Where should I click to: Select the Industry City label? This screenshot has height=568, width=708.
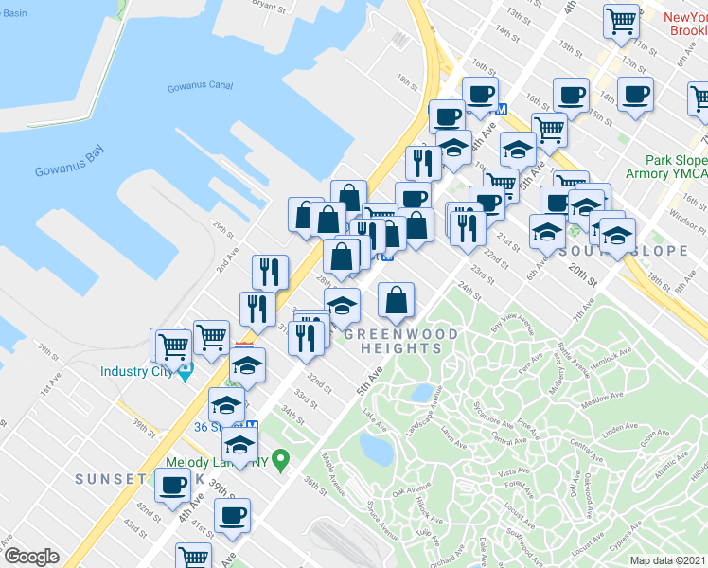[x=138, y=371]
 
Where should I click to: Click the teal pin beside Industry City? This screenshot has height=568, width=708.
[x=186, y=369]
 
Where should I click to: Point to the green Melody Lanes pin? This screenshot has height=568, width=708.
[x=279, y=461]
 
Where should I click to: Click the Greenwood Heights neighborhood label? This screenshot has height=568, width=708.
[x=400, y=342]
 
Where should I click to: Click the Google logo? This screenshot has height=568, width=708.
[x=31, y=557]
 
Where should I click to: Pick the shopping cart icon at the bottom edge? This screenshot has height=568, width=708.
[x=193, y=556]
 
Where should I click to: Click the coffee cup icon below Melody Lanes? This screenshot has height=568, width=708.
[x=232, y=515]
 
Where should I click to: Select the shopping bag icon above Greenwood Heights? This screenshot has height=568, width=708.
[x=396, y=300]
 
